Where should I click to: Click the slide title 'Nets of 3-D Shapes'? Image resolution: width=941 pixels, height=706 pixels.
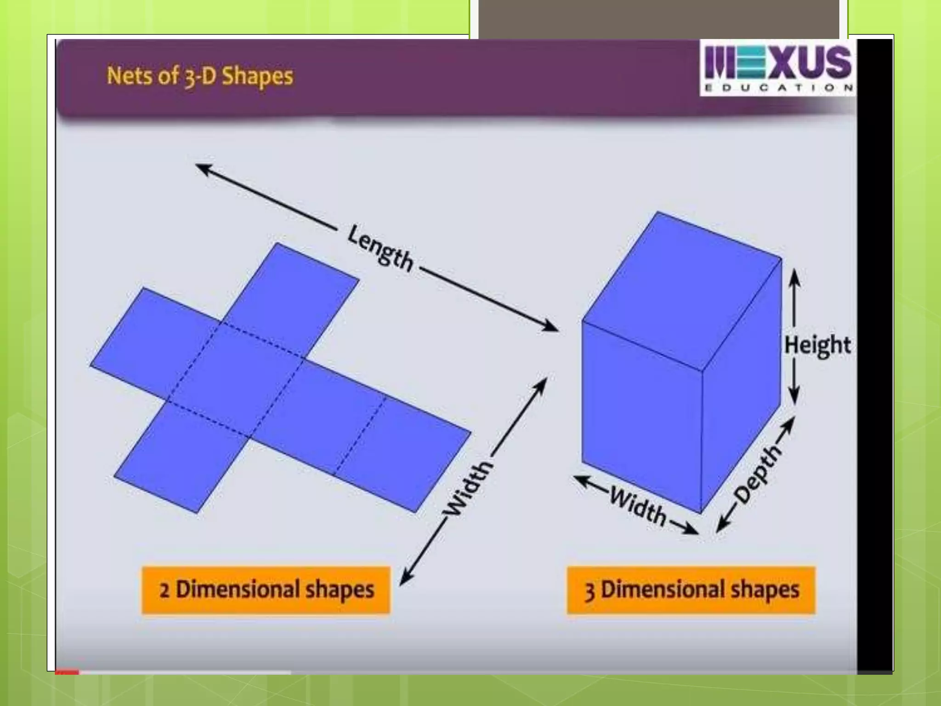point(199,76)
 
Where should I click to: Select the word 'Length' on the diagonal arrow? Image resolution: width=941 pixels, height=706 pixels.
point(380,249)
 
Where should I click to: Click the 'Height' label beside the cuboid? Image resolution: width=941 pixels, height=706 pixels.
point(817,345)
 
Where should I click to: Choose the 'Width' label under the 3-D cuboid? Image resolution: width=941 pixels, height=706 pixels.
point(639,507)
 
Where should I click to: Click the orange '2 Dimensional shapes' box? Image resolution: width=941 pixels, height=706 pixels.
point(266,590)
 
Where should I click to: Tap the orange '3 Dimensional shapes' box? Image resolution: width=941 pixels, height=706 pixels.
point(691,590)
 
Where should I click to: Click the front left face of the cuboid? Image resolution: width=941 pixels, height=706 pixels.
point(641,414)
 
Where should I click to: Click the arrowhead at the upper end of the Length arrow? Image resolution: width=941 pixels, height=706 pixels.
point(202,168)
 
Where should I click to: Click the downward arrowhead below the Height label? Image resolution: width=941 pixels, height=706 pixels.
point(794,398)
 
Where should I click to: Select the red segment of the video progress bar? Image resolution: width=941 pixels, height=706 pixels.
point(67,672)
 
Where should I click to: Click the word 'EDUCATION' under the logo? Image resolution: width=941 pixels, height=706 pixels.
point(778,88)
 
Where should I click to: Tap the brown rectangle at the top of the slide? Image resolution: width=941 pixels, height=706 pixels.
point(659,18)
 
